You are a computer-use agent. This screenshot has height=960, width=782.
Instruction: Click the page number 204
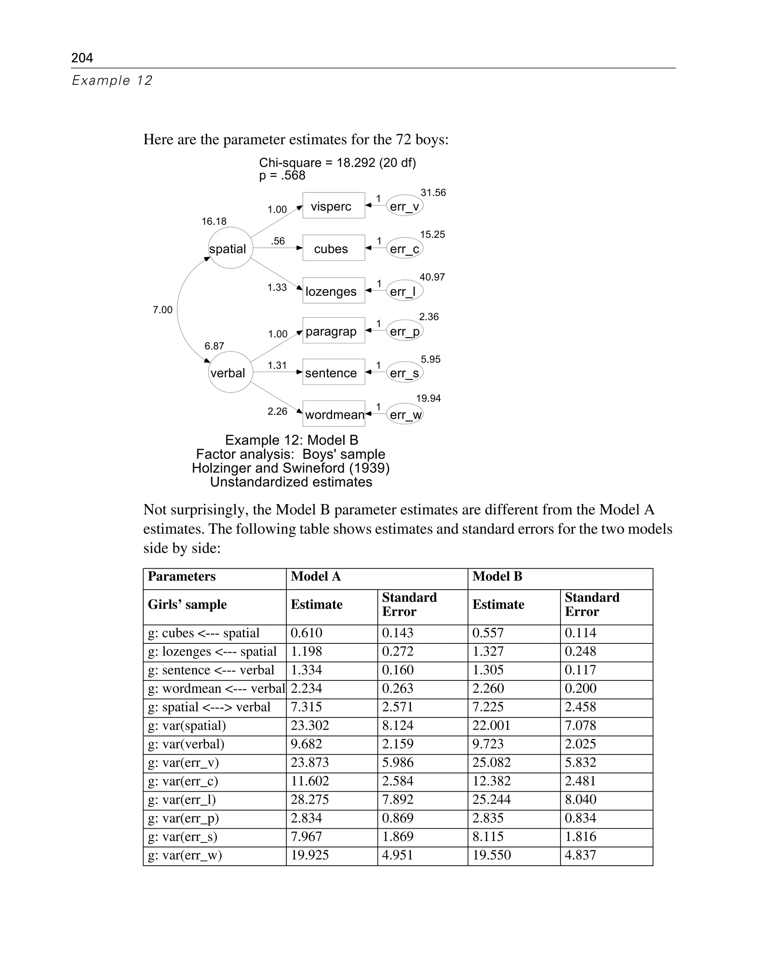82,58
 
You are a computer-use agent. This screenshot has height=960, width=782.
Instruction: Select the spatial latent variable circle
230,248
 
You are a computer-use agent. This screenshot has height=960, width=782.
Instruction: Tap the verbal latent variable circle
230,372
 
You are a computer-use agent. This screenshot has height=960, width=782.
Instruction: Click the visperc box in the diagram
333,205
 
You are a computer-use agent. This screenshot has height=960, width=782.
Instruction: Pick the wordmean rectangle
333,414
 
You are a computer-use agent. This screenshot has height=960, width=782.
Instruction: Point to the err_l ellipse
404,291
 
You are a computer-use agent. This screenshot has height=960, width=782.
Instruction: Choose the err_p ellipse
404,331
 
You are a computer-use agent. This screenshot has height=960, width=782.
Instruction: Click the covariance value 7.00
162,309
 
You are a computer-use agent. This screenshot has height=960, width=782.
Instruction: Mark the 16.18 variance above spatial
213,221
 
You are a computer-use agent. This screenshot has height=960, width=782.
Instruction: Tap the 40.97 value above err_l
431,277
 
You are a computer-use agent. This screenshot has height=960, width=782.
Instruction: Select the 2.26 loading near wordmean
277,411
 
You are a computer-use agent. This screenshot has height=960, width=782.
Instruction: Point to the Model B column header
497,576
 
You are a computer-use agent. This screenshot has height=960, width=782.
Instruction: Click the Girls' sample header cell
187,604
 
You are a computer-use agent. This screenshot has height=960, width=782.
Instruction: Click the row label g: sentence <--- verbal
211,670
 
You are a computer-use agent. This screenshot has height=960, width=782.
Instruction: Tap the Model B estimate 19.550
491,855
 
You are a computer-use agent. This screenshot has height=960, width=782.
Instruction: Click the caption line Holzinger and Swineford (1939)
291,468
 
